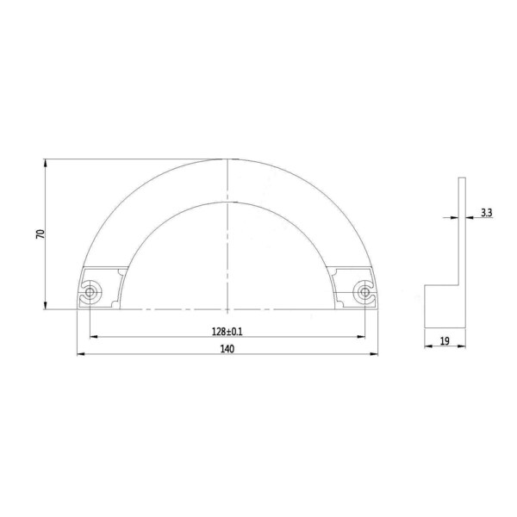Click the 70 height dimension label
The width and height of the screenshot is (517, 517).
40,234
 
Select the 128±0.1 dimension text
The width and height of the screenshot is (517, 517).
227,332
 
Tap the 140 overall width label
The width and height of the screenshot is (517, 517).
227,349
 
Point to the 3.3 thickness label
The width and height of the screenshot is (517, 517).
486,213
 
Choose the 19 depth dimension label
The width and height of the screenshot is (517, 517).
445,341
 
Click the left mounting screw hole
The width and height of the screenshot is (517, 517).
90,292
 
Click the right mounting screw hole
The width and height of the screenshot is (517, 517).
364,292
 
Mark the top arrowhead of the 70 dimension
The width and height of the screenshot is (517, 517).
45,163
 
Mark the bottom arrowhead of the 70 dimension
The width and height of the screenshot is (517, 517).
45,306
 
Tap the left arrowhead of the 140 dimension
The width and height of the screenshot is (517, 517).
81,354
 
